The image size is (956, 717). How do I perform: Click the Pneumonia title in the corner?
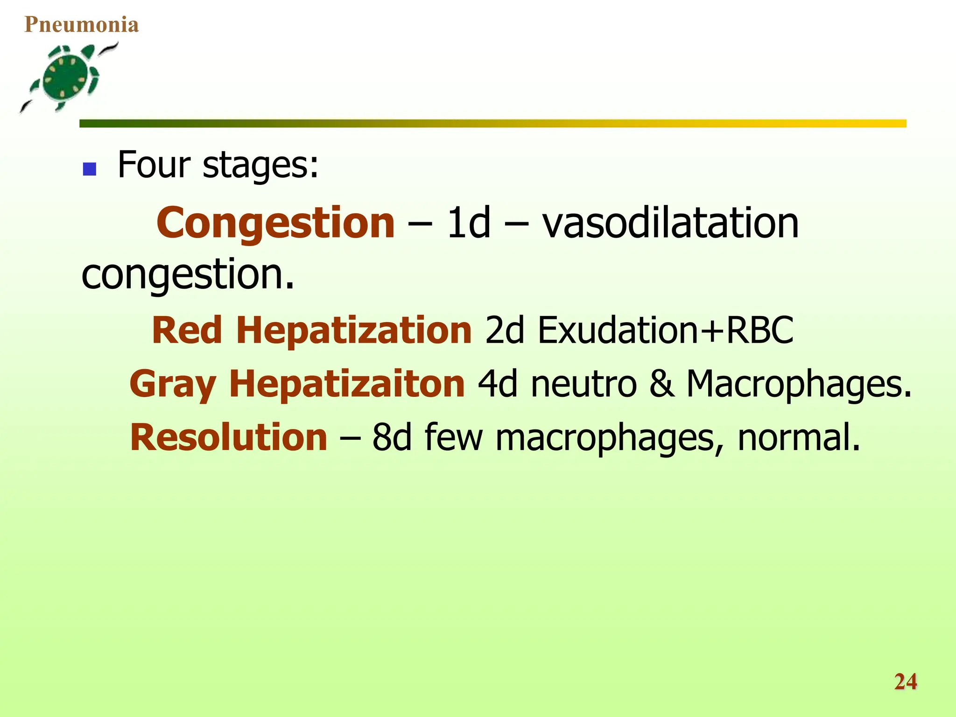point(82,25)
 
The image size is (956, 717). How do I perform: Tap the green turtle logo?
point(68,77)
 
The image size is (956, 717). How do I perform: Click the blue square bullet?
point(89,169)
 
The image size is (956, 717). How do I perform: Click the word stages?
point(260,166)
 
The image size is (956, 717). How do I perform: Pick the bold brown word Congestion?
point(275,223)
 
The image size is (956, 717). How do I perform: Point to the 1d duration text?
point(469,223)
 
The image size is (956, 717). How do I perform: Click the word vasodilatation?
point(670,223)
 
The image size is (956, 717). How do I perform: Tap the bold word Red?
point(187,330)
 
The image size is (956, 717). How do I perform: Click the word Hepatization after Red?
point(354,330)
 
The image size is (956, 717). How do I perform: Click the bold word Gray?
point(173,384)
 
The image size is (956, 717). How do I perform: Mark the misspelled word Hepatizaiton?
point(347,384)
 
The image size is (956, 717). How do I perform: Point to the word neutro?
point(583,384)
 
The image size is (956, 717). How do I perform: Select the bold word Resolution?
point(229,437)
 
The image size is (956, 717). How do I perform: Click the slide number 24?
point(906,682)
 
